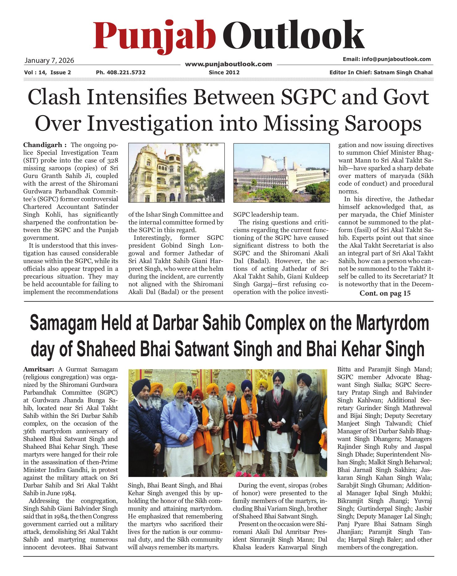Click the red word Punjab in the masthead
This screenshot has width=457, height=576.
154,36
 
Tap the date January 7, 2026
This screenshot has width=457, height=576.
49,60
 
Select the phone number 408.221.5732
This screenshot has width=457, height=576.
126,72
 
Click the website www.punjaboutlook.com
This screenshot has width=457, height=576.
228,64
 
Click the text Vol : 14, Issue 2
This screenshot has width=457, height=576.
47,72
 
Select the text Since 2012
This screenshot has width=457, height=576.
224,72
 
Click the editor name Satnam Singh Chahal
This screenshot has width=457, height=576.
403,72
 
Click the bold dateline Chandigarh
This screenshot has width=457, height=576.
43,145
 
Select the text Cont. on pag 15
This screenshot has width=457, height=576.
385,293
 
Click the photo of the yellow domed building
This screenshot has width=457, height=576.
176,173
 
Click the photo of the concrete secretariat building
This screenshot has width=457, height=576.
281,173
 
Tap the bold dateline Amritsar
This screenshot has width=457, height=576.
39,369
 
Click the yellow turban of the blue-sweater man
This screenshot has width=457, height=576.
180,388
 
